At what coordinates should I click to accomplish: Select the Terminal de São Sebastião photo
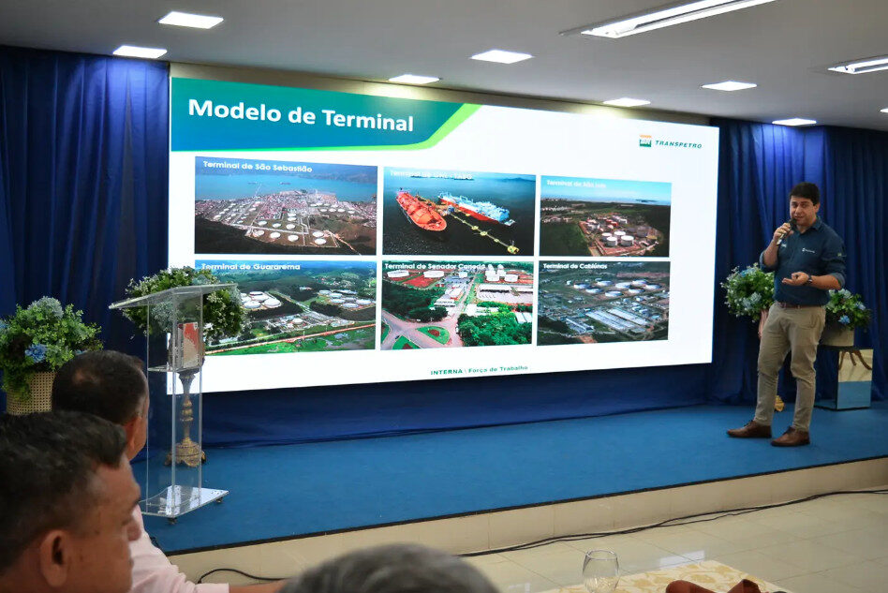coord(286,206)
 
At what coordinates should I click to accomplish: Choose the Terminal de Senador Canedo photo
coord(456,304)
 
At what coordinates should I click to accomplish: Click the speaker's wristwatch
coord(809,278)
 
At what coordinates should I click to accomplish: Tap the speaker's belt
coord(797,304)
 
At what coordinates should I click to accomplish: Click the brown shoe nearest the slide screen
coord(750,429)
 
